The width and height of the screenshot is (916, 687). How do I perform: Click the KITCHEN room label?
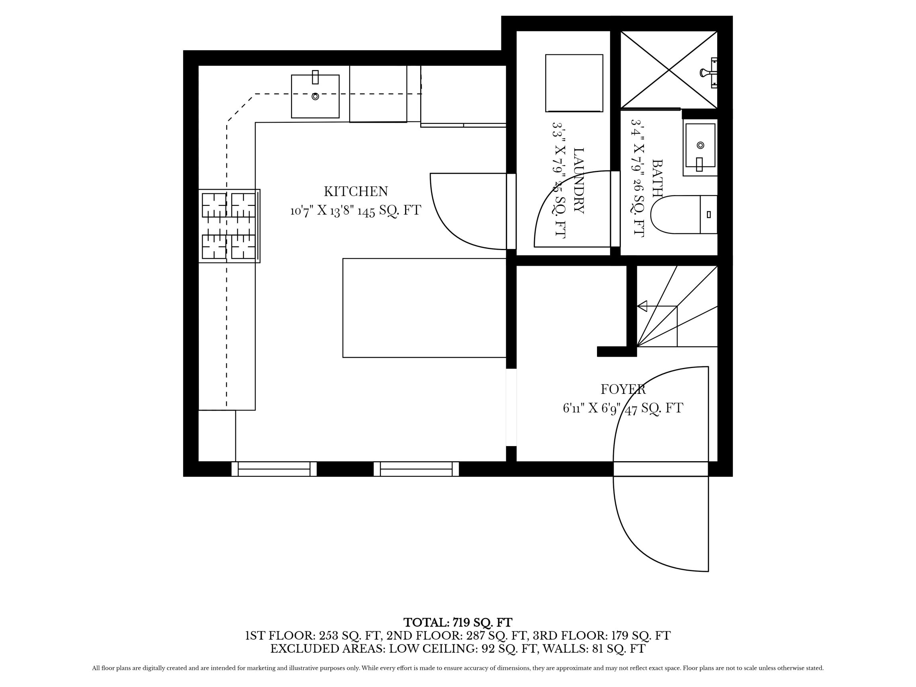(356, 192)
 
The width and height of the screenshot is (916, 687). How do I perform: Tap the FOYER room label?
(623, 389)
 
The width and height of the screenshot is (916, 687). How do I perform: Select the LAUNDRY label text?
(578, 180)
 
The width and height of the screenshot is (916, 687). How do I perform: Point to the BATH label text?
(657, 178)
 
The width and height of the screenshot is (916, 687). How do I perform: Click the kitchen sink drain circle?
(315, 96)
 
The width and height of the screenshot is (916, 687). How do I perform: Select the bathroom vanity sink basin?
(700, 145)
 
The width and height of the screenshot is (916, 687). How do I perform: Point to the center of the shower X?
(669, 70)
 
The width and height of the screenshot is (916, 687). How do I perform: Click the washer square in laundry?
(574, 83)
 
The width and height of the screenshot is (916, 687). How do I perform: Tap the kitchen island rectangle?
(424, 308)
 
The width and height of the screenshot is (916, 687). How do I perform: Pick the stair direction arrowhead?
(642, 306)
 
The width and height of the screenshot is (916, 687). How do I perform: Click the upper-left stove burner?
(214, 205)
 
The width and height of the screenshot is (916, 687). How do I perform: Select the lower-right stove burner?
(243, 247)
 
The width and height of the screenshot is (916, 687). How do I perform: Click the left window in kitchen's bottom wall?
(274, 469)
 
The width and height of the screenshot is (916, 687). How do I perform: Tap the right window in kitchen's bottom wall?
(416, 469)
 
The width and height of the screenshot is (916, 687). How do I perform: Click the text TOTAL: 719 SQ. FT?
(458, 623)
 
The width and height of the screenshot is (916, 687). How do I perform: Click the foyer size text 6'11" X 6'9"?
(593, 408)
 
